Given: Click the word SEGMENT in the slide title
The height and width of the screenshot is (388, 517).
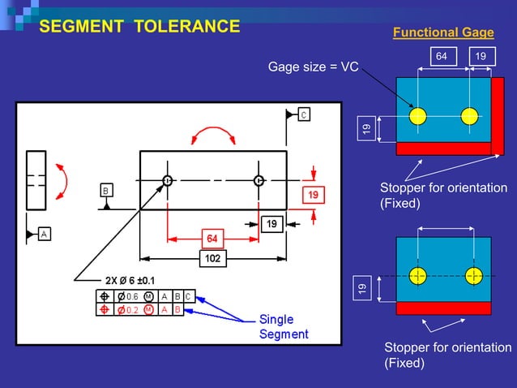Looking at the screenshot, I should coord(83,26).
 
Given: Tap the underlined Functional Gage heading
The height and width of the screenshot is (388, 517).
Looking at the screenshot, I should coord(442,32).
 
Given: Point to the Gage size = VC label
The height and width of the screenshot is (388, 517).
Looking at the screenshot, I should coord(314,66).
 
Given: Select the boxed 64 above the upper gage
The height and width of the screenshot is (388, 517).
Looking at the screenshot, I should coord(442,56).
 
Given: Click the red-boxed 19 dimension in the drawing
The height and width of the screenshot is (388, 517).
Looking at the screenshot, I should coord(313,195).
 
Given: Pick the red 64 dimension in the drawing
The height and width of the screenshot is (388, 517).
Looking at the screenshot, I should coord(211,239).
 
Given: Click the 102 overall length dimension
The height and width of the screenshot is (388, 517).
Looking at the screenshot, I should coord(213,259).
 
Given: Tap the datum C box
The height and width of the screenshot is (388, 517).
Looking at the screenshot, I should coord(303,114).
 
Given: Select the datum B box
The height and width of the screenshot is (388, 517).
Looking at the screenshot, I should coord(106,190).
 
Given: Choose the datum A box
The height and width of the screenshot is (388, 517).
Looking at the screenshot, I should coord(43,234).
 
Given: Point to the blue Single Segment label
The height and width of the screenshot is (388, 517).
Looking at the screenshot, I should coord(283,326).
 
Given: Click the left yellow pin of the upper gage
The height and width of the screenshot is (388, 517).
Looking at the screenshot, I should coord(417,115).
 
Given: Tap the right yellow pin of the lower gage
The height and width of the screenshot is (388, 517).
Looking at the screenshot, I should coord(471,275).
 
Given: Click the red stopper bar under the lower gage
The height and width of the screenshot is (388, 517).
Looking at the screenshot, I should coord(443,308).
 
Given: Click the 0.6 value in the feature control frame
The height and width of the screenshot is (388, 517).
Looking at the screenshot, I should coord(132,296).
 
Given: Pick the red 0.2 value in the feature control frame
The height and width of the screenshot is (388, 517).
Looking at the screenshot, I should coord(132,309).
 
